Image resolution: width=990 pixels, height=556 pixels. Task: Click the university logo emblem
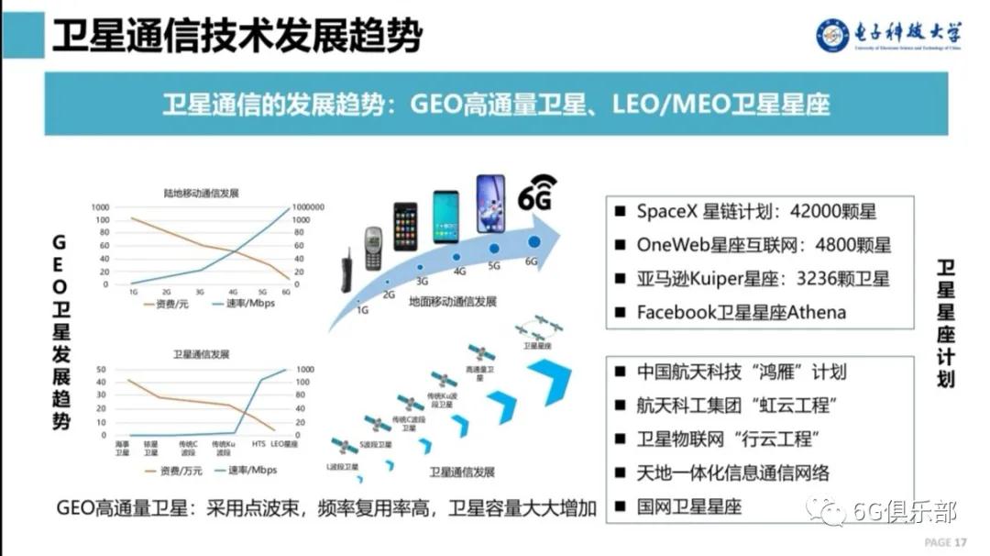[833, 34]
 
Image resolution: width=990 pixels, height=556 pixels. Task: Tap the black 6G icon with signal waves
[539, 194]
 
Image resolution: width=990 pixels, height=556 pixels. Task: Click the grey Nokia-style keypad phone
[373, 248]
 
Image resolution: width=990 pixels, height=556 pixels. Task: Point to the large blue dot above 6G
[533, 242]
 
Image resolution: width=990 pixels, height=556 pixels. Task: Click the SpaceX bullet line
[756, 211]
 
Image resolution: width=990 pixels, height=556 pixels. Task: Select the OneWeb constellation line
[764, 245]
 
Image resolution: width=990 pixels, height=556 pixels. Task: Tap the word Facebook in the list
[673, 312]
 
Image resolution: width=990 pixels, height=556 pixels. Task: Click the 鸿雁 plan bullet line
[741, 372]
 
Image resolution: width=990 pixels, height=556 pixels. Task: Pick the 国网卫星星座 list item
[688, 506]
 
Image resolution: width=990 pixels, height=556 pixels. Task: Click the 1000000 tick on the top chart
[308, 207]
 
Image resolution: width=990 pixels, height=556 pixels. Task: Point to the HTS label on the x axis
[258, 444]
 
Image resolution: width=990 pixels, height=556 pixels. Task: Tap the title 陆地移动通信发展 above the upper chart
[202, 193]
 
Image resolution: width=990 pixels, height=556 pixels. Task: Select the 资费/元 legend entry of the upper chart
[167, 303]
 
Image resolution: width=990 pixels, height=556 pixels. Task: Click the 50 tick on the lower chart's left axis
[103, 369]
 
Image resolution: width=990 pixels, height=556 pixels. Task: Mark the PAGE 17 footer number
[946, 542]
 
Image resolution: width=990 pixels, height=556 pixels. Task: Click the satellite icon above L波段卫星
[344, 447]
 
